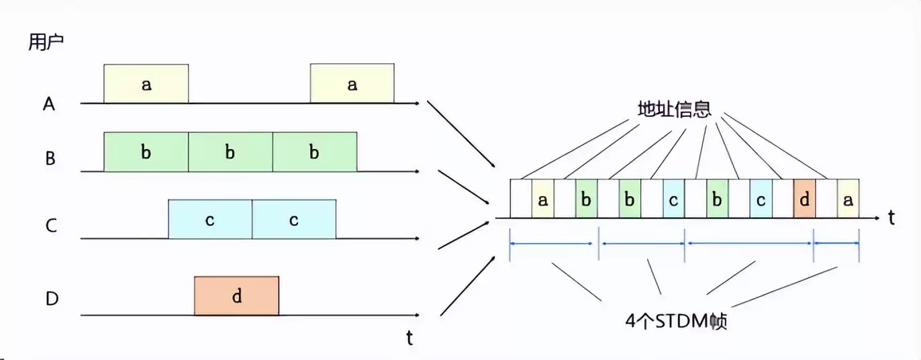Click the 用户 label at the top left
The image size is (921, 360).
pyautogui.click(x=46, y=42)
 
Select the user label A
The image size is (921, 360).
pyautogui.click(x=48, y=103)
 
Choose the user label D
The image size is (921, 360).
pyautogui.click(x=52, y=299)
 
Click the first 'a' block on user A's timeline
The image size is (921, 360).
pyautogui.click(x=146, y=84)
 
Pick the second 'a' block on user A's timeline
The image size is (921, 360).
pyautogui.click(x=352, y=84)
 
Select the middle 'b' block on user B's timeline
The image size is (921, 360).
pyautogui.click(x=230, y=151)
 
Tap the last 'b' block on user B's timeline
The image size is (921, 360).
pyautogui.click(x=314, y=151)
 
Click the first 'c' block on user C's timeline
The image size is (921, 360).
pyautogui.click(x=210, y=219)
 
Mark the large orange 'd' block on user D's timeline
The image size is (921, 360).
pyautogui.click(x=236, y=296)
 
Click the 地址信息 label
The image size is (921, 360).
pyautogui.click(x=674, y=109)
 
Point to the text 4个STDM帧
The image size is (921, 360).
pyautogui.click(x=676, y=321)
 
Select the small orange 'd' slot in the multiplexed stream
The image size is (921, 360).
pyautogui.click(x=804, y=199)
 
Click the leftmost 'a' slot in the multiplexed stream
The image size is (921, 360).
pyautogui.click(x=543, y=199)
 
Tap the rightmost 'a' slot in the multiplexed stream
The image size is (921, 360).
pyautogui.click(x=849, y=199)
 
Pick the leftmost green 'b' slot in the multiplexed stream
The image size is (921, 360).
pyautogui.click(x=586, y=199)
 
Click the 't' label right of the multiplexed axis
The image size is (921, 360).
pyautogui.click(x=891, y=218)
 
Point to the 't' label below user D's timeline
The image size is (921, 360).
pyautogui.click(x=409, y=338)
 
